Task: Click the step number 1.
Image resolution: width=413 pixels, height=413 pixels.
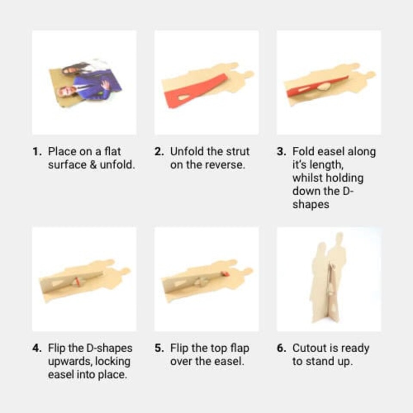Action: tap(37, 152)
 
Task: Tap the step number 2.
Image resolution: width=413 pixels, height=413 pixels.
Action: tap(159, 152)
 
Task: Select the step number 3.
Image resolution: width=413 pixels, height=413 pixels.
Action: tap(281, 152)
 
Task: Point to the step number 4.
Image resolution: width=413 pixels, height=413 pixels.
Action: tap(37, 348)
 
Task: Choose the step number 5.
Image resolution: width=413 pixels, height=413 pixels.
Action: tap(159, 348)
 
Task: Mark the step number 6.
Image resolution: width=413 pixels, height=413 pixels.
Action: tap(281, 348)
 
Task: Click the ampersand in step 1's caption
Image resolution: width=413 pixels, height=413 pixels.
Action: tap(93, 165)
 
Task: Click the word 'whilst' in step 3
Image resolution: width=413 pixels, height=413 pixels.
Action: tap(308, 178)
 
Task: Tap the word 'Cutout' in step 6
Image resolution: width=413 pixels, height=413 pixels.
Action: tap(309, 348)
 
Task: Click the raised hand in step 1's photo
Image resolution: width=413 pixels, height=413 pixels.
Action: tap(105, 85)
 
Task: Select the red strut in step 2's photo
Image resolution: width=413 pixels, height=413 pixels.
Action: tap(195, 90)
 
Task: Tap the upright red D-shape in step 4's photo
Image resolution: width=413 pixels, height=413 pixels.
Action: tap(77, 281)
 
